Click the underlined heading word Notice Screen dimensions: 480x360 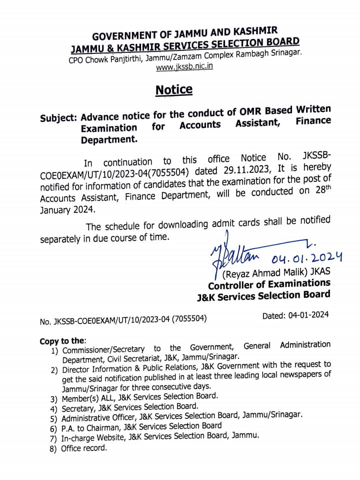(174, 90)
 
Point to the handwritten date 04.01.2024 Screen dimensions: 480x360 (306, 258)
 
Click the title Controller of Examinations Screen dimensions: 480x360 (269, 284)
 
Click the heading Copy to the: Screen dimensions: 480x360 (63, 341)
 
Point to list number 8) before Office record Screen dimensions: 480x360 (53, 449)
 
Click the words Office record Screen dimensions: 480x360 (84, 448)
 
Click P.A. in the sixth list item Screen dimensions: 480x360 (69, 428)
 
